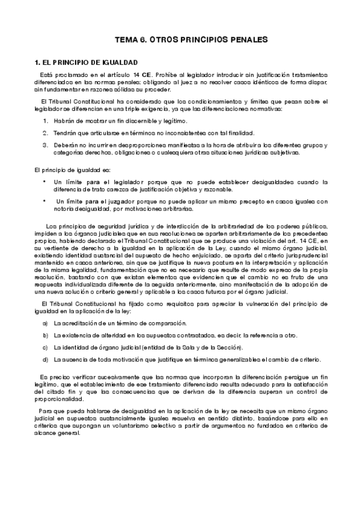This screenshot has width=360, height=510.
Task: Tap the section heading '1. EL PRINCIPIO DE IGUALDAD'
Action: (x=86, y=62)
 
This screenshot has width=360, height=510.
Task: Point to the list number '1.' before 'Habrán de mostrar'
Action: (x=45, y=121)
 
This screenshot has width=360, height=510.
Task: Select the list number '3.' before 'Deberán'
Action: (x=45, y=145)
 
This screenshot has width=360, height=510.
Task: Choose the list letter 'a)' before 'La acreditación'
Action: (x=45, y=324)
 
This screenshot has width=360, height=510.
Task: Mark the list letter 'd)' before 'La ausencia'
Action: (x=45, y=359)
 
